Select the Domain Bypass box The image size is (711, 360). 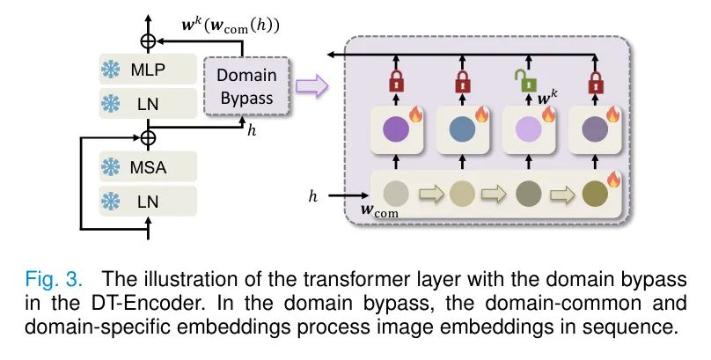click(246, 86)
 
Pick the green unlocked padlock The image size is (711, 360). click(526, 84)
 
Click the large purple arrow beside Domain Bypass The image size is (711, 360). click(310, 86)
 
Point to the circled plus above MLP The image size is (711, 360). click(148, 40)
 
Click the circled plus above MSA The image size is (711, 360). click(148, 137)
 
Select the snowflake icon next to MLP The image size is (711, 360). click(112, 68)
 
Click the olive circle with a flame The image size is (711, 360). click(595, 190)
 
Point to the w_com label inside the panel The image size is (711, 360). click(381, 211)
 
